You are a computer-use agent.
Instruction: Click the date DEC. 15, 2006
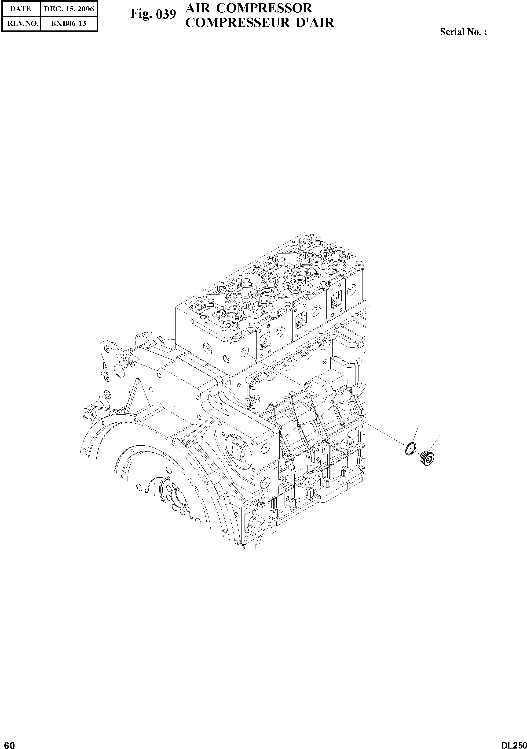tap(69, 9)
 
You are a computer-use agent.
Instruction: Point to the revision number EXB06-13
tap(69, 23)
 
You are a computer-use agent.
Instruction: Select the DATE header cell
tap(21, 9)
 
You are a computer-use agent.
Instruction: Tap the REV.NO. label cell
tap(21, 23)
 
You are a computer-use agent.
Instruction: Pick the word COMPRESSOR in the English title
tap(270, 8)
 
